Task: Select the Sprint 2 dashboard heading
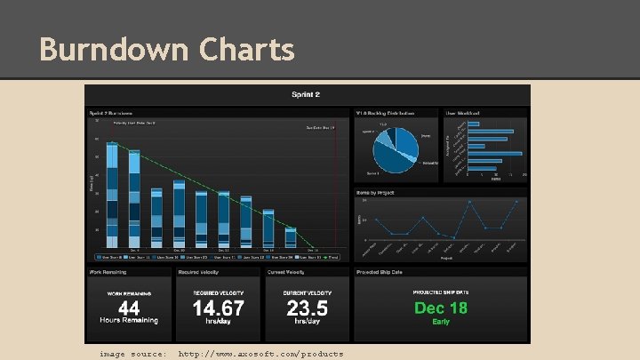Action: [x=307, y=95]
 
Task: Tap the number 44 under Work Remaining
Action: [x=129, y=308]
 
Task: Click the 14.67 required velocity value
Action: [x=219, y=308]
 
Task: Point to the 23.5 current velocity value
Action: [x=308, y=308]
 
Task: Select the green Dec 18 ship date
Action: [x=441, y=308]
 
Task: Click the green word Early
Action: [x=441, y=322]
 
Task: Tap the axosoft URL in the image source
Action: [x=260, y=354]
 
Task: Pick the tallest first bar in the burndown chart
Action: [x=111, y=196]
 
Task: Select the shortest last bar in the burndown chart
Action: [x=291, y=238]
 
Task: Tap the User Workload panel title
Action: [x=463, y=113]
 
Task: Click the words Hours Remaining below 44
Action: [x=129, y=320]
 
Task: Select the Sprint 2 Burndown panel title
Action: [x=110, y=113]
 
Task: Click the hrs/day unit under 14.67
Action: [x=219, y=321]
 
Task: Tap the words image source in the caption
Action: [x=132, y=354]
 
